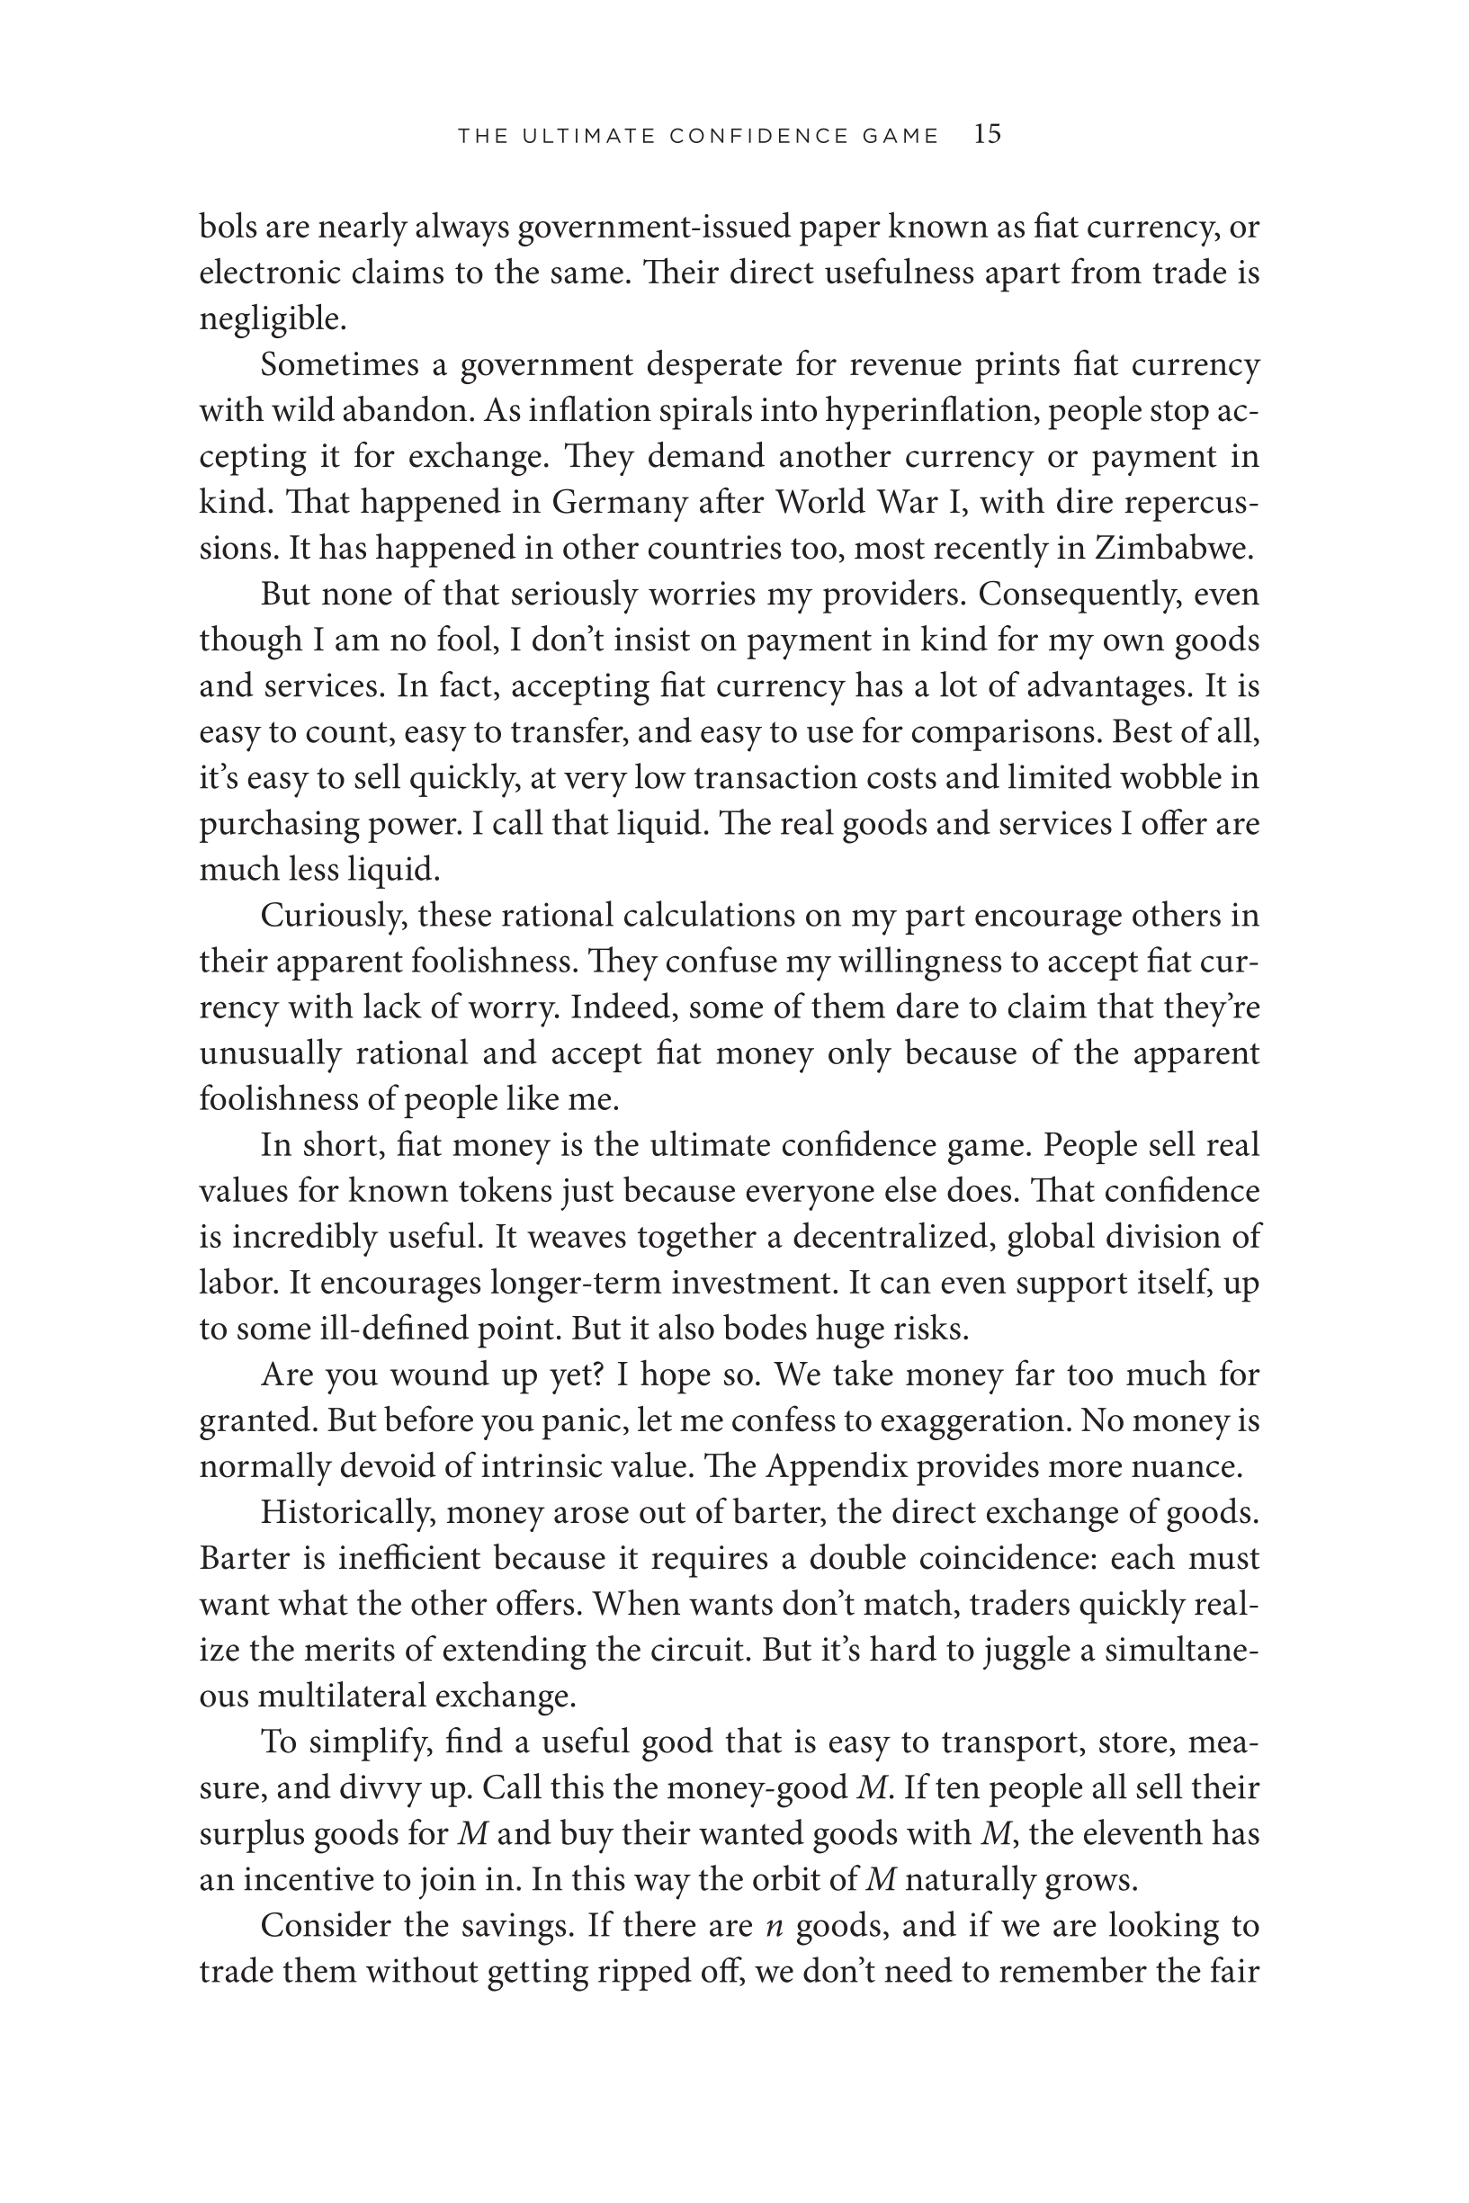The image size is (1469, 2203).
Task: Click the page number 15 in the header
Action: (988, 134)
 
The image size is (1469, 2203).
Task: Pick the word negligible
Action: (273, 319)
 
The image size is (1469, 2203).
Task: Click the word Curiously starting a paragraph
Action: (333, 915)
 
